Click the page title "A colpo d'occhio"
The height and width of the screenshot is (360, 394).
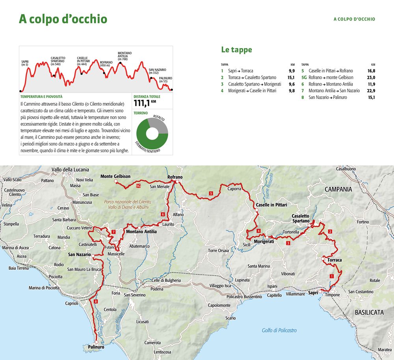[x=63, y=19]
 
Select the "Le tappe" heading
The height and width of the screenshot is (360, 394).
[x=236, y=50]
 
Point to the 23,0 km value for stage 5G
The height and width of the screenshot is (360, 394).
[x=371, y=78]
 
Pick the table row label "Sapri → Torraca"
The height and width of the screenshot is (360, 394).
[x=240, y=71]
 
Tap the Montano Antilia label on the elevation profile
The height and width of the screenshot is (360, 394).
[x=125, y=56]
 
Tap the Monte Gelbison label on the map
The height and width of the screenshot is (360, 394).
[x=115, y=176]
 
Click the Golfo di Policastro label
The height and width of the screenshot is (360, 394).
[x=279, y=330]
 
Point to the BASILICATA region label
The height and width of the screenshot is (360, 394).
[x=369, y=312]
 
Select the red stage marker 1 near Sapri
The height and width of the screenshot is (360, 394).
[x=331, y=276]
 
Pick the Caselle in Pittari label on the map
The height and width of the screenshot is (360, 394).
[x=271, y=205]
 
